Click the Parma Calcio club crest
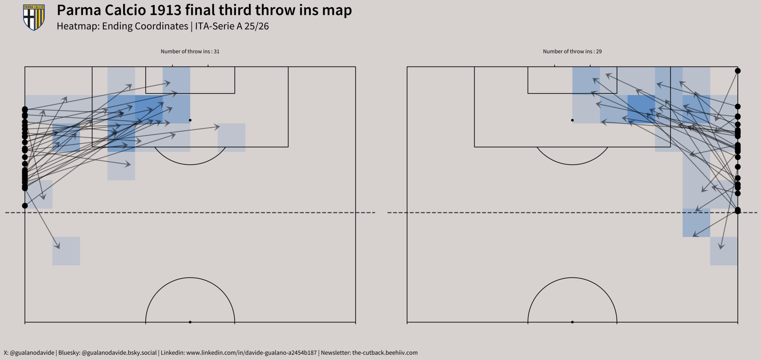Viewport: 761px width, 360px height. click(x=34, y=17)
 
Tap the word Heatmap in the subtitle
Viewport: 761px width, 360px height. click(x=78, y=26)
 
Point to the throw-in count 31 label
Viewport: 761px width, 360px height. click(x=216, y=52)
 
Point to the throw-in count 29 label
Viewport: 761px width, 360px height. click(x=598, y=52)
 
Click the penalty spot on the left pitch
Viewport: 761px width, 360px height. click(x=190, y=120)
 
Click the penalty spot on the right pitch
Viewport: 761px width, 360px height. click(x=572, y=120)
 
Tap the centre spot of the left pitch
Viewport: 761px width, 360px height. click(x=190, y=322)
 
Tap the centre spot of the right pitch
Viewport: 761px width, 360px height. click(x=572, y=322)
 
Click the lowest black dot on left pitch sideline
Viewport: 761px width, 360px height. click(x=25, y=206)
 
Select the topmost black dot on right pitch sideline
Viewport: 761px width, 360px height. click(x=738, y=71)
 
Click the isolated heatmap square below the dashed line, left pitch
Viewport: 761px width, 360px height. click(x=66, y=251)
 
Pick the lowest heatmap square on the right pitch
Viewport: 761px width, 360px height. click(x=724, y=251)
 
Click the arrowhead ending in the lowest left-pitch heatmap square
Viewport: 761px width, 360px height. click(x=57, y=246)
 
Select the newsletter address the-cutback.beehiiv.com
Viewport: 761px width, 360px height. click(x=385, y=352)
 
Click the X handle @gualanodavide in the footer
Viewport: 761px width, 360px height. click(x=32, y=352)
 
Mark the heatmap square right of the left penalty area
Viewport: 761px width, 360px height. click(x=231, y=138)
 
